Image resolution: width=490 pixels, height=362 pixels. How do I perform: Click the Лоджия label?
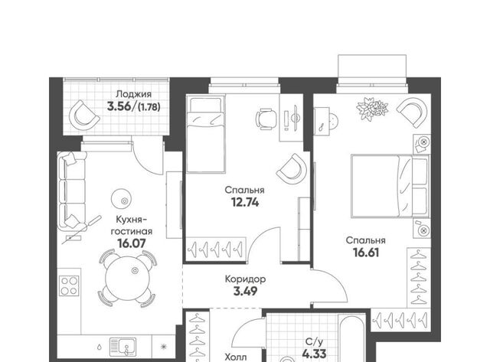[x=133, y=94]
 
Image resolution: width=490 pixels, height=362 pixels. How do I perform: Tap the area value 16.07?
[x=132, y=243]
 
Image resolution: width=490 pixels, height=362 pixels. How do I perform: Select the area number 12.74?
[x=245, y=203]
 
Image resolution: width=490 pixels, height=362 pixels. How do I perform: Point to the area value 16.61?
[x=366, y=253]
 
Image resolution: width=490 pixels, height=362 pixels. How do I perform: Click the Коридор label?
[x=245, y=279]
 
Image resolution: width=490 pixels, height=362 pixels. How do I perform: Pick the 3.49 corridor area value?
[x=245, y=292]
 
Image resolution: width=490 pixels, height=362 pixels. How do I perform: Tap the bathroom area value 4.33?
[x=315, y=354]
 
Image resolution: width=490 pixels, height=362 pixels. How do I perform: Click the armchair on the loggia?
[x=83, y=115]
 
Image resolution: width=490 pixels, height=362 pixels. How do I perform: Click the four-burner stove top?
[x=69, y=285]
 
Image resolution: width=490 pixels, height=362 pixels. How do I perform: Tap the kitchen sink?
[x=122, y=347]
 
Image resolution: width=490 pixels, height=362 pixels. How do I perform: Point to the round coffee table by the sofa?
[x=122, y=199]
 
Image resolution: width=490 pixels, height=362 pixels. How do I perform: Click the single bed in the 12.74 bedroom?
[x=205, y=134]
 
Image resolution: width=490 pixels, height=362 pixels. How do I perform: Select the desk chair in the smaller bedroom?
[x=266, y=119]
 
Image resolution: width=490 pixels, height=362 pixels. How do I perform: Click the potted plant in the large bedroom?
[x=372, y=109]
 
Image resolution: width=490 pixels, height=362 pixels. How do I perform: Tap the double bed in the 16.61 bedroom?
[x=390, y=186]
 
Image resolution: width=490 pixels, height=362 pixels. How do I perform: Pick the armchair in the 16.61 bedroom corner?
[x=412, y=112]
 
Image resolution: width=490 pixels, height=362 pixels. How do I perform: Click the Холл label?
[x=236, y=357]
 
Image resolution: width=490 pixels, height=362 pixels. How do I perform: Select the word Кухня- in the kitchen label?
[x=131, y=220]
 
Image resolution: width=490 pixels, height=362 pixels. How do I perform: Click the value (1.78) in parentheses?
[x=149, y=107]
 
